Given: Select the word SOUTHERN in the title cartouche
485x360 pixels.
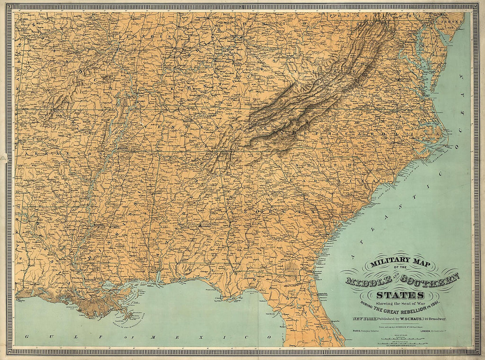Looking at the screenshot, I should coord(435,279).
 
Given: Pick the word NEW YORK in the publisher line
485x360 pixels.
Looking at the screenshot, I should coord(362,319).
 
